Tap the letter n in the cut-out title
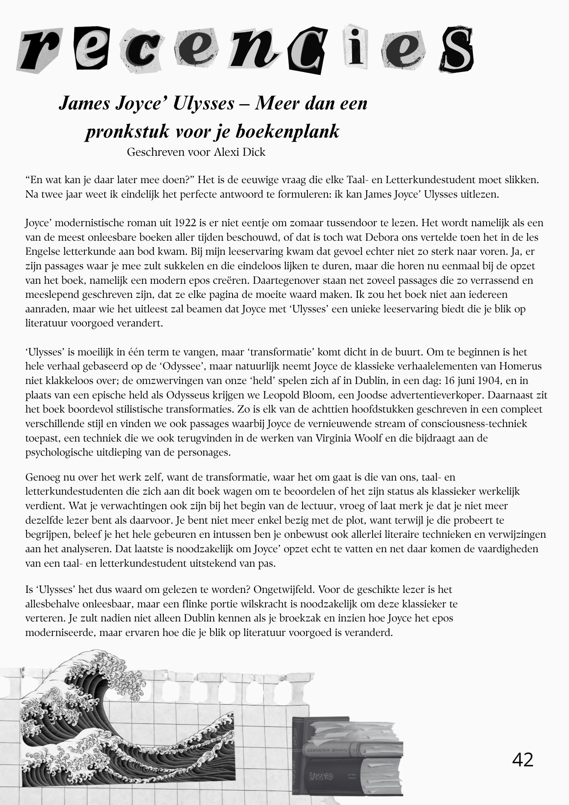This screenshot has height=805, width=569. pyautogui.click(x=254, y=50)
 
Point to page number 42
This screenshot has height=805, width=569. pyautogui.click(x=522, y=759)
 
